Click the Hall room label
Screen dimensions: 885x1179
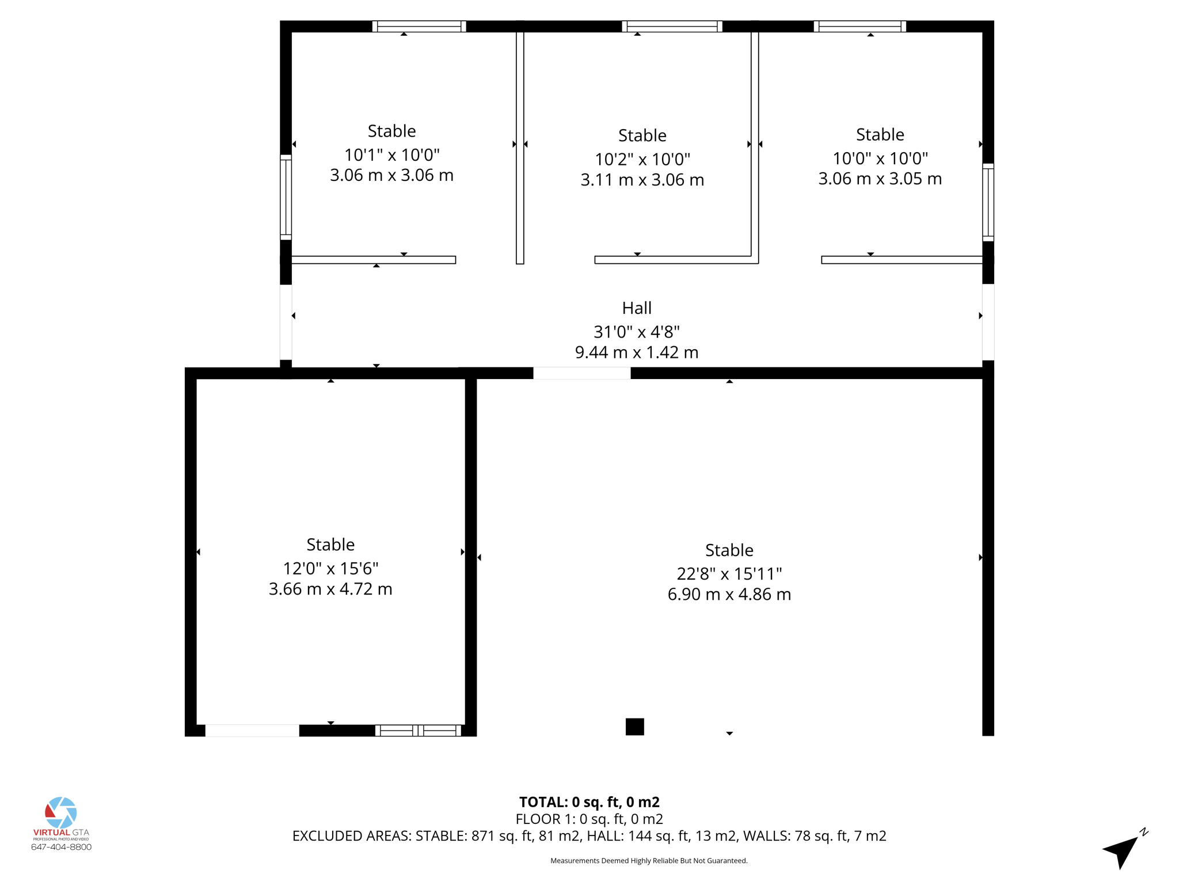(x=636, y=308)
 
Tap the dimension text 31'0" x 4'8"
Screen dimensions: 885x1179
(x=636, y=332)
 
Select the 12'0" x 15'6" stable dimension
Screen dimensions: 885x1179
(x=330, y=569)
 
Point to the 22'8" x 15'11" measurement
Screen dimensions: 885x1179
(x=729, y=574)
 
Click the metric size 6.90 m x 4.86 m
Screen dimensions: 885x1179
(x=729, y=594)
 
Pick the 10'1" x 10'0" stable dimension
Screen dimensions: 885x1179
(x=391, y=155)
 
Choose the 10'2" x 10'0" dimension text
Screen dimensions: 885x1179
(x=642, y=159)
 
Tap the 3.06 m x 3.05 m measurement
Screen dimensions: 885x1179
(x=880, y=179)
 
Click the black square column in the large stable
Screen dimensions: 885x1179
(x=634, y=727)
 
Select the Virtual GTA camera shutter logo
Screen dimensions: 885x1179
(x=61, y=812)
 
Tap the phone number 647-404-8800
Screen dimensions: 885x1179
(x=61, y=847)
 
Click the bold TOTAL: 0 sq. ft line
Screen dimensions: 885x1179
(x=589, y=802)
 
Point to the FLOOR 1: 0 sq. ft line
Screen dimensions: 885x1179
(x=589, y=819)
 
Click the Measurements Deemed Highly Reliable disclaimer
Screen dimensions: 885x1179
(x=649, y=861)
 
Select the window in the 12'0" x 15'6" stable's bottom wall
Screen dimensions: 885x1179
(x=419, y=731)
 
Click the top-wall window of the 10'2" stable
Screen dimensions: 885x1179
(x=672, y=27)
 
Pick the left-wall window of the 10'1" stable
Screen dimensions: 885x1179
(x=286, y=197)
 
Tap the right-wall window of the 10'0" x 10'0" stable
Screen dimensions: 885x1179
(x=988, y=202)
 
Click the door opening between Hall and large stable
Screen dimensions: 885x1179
(x=581, y=373)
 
